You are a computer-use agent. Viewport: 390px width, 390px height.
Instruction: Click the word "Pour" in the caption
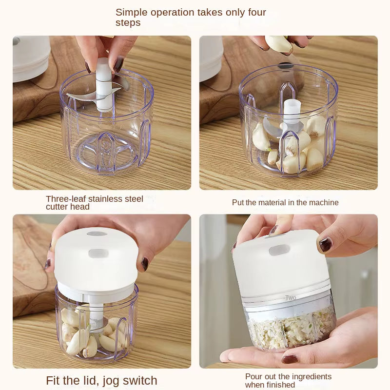(x=253, y=377)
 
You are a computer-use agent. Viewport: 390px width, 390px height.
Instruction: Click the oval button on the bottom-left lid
(x=97, y=253)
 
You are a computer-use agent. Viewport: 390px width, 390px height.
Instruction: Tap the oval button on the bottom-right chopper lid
(x=276, y=250)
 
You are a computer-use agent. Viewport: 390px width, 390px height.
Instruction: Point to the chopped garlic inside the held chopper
(x=288, y=329)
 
